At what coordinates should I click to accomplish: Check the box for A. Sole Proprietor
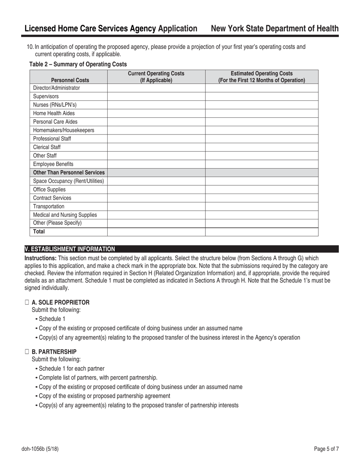coord(27,302)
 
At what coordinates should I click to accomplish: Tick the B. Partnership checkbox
coord(27,352)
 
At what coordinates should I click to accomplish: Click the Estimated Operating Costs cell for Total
coord(261,231)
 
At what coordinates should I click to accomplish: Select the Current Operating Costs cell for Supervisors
coord(156,96)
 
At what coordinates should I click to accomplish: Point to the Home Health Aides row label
coord(54,113)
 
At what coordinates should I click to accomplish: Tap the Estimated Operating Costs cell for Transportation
coord(261,206)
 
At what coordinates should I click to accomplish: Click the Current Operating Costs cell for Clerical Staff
coord(156,147)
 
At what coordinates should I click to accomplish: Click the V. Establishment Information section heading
coord(70,249)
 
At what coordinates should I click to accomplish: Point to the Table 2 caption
coord(78,64)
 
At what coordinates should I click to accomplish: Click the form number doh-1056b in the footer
coord(40,449)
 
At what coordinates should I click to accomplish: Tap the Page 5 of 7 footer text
coord(326,449)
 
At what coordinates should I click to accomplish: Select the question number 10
coord(30,47)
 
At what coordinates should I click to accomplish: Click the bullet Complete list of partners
coord(98,377)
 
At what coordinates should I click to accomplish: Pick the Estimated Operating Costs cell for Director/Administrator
coord(261,88)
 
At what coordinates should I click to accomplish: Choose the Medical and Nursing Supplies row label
coord(65,215)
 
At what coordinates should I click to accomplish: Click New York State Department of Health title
coord(274,29)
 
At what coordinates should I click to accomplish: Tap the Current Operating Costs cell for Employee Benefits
coord(156,164)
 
